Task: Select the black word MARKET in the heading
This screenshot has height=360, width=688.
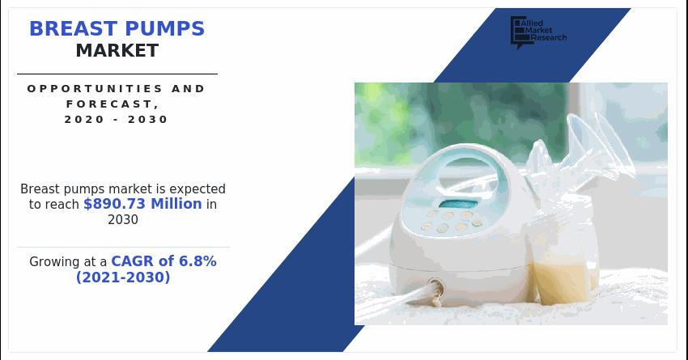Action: pyautogui.click(x=117, y=51)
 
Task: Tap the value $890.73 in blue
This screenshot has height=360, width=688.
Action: pyautogui.click(x=115, y=204)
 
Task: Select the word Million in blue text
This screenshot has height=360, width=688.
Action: pyautogui.click(x=176, y=204)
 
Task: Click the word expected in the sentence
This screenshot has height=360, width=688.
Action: pyautogui.click(x=197, y=189)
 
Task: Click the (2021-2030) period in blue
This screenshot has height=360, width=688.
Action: pyautogui.click(x=123, y=277)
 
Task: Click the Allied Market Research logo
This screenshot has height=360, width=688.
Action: pyautogui.click(x=538, y=32)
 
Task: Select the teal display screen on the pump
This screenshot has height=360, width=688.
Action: pyautogui.click(x=458, y=204)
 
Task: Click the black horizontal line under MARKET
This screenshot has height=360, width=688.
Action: pyautogui.click(x=117, y=74)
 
